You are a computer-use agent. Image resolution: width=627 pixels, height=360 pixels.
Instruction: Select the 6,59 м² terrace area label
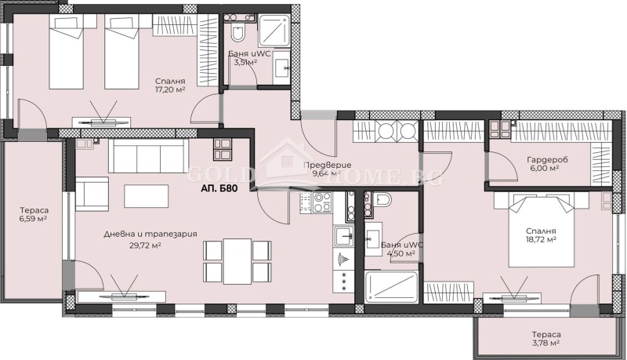[x=33, y=218]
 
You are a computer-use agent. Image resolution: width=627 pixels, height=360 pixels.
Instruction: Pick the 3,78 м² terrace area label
[x=542, y=344]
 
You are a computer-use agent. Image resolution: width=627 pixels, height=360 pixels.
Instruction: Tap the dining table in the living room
[x=237, y=261]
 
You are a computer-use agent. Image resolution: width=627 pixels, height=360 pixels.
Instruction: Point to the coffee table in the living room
[x=146, y=193]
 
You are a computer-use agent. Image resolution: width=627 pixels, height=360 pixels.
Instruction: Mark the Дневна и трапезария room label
[x=150, y=234]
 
